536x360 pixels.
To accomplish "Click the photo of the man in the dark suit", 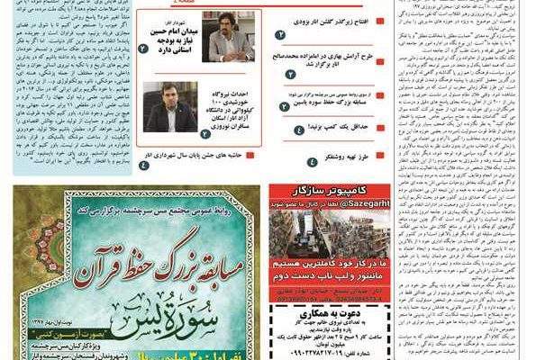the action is click(171, 108).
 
